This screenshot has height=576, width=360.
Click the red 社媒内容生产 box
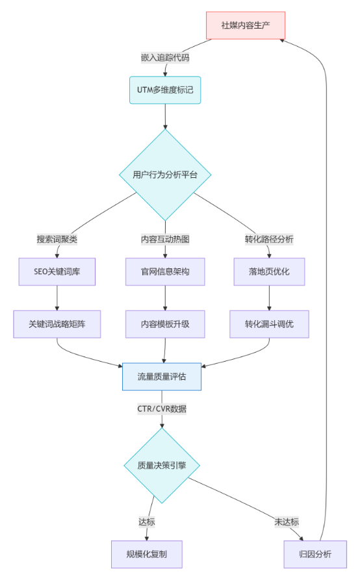point(246,25)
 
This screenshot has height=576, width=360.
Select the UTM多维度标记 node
point(165,90)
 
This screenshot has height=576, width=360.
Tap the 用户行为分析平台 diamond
point(165,175)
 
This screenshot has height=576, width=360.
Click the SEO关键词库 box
point(57,272)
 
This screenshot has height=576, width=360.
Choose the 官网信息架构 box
point(165,272)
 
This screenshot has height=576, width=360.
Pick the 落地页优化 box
point(269,272)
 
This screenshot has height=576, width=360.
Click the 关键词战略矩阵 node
point(57,325)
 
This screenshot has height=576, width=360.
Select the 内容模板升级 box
point(165,325)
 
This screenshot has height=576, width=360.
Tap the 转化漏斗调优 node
point(269,325)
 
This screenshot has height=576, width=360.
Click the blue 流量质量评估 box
point(162,377)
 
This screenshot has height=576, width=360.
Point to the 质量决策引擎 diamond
point(162,466)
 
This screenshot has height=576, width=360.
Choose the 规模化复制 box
point(147,555)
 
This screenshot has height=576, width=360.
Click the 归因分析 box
point(315,555)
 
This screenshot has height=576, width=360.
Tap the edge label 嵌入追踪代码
point(165,58)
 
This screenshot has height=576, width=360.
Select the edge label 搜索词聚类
point(57,240)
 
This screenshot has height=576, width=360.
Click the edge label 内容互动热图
point(165,240)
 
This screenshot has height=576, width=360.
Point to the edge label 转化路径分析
point(269,240)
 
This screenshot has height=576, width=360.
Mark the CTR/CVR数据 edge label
point(162,409)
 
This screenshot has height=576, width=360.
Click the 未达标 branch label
point(287,521)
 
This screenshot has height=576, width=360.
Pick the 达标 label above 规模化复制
point(147,521)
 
